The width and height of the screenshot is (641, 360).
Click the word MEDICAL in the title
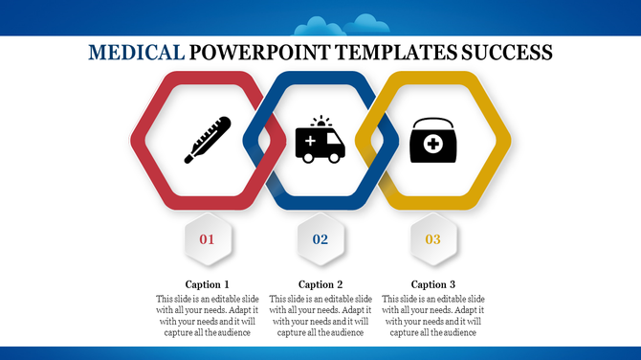point(136,52)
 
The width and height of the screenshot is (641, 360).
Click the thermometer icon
point(208,140)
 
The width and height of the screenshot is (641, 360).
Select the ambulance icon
point(320,142)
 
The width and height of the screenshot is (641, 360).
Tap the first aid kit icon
point(433,142)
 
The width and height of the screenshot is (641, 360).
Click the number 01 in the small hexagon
point(208,238)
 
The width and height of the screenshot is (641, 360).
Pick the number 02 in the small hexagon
point(320,238)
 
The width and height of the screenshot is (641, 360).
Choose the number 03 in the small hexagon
point(433,238)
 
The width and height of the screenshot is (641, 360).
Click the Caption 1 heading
point(208,284)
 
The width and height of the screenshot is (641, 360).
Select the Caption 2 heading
point(320,284)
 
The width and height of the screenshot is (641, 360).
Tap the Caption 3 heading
point(433,284)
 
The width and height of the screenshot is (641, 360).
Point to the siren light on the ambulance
point(320,122)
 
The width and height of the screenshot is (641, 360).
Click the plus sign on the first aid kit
point(433,146)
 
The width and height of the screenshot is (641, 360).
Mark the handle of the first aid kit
point(433,124)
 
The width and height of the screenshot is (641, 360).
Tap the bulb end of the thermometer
point(189,157)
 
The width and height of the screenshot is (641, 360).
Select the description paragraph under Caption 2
point(320,316)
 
